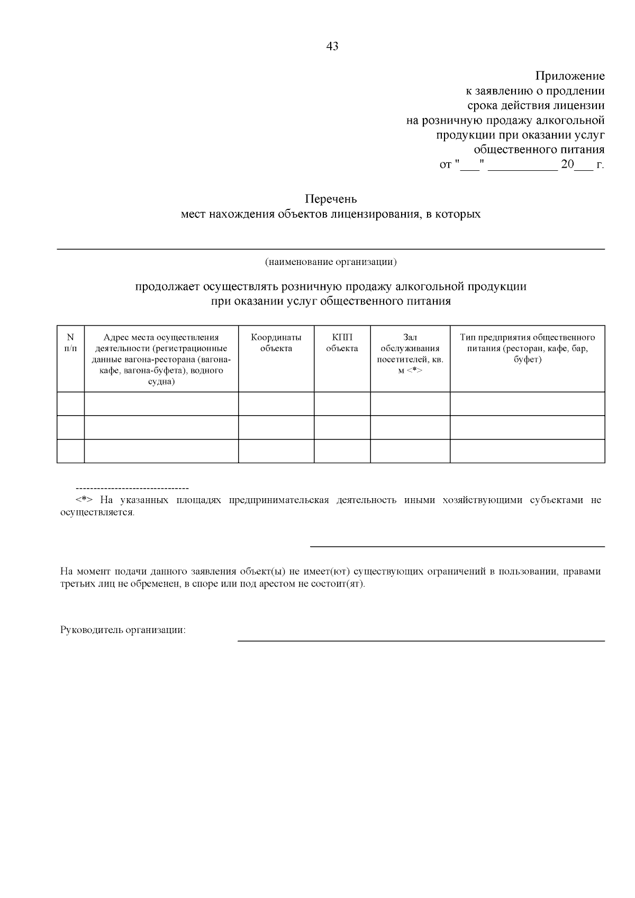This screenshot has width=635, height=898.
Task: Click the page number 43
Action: coord(332,47)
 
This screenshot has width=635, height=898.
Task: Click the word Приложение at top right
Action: coord(570,76)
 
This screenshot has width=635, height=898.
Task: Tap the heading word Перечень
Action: coord(331,199)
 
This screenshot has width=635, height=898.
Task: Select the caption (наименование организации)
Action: coord(331,262)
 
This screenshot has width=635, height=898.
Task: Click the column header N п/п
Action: coord(70,343)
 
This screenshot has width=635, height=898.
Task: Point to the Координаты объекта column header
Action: coord(276,343)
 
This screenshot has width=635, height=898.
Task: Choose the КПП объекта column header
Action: coord(342,343)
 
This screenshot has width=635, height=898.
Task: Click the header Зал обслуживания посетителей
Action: coord(410,353)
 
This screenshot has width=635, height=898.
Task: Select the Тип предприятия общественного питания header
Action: coord(527,348)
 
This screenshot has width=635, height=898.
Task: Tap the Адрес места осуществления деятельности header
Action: coord(161,359)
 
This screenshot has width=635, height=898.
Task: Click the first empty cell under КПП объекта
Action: coord(342,404)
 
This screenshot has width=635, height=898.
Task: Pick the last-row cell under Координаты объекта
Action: coord(276,451)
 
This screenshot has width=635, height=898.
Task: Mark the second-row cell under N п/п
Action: coord(70,427)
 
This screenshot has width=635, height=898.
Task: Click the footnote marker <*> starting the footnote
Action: coord(85,500)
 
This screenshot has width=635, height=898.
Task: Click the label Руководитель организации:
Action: coord(123,630)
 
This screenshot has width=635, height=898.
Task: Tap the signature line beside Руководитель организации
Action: coord(421,640)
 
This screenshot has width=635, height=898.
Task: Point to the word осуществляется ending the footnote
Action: coord(97,513)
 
